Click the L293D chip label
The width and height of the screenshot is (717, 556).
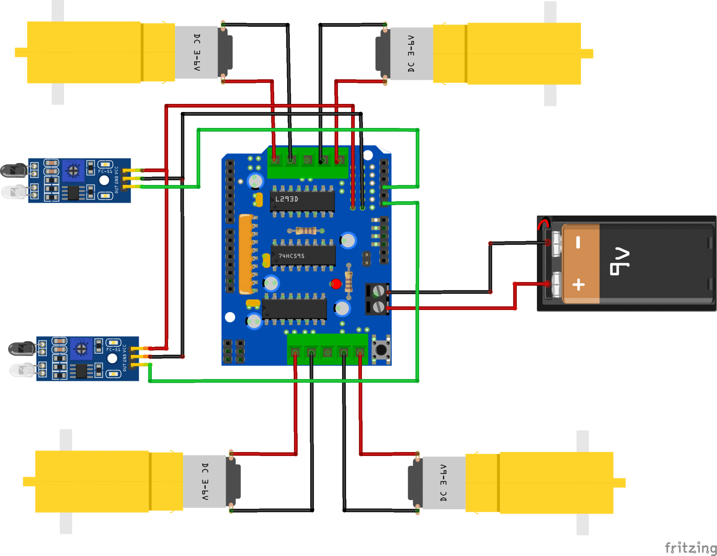pyautogui.click(x=286, y=199)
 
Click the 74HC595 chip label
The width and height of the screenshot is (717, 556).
pyautogui.click(x=291, y=256)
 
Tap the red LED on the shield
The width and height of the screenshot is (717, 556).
pyautogui.click(x=336, y=284)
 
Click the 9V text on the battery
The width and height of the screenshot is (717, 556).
pyautogui.click(x=619, y=261)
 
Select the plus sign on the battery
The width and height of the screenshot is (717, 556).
pyautogui.click(x=578, y=284)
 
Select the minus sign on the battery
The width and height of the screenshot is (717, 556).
pyautogui.click(x=578, y=242)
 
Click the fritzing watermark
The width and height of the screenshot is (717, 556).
pyautogui.click(x=690, y=547)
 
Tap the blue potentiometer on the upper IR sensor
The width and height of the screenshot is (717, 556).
pyautogui.click(x=73, y=171)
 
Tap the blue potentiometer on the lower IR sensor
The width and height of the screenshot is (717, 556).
pyautogui.click(x=81, y=349)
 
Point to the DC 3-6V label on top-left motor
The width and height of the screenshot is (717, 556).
pyautogui.click(x=197, y=52)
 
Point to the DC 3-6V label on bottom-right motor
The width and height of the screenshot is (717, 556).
pyautogui.click(x=444, y=483)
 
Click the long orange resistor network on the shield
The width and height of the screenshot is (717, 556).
pyautogui.click(x=245, y=254)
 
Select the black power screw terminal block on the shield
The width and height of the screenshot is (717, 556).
pyautogui.click(x=377, y=299)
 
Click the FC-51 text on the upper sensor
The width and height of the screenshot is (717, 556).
pyautogui.click(x=105, y=171)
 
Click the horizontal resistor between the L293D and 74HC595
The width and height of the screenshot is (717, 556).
pyautogui.click(x=306, y=231)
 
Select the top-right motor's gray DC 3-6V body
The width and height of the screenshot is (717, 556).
pyautogui.click(x=411, y=54)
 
